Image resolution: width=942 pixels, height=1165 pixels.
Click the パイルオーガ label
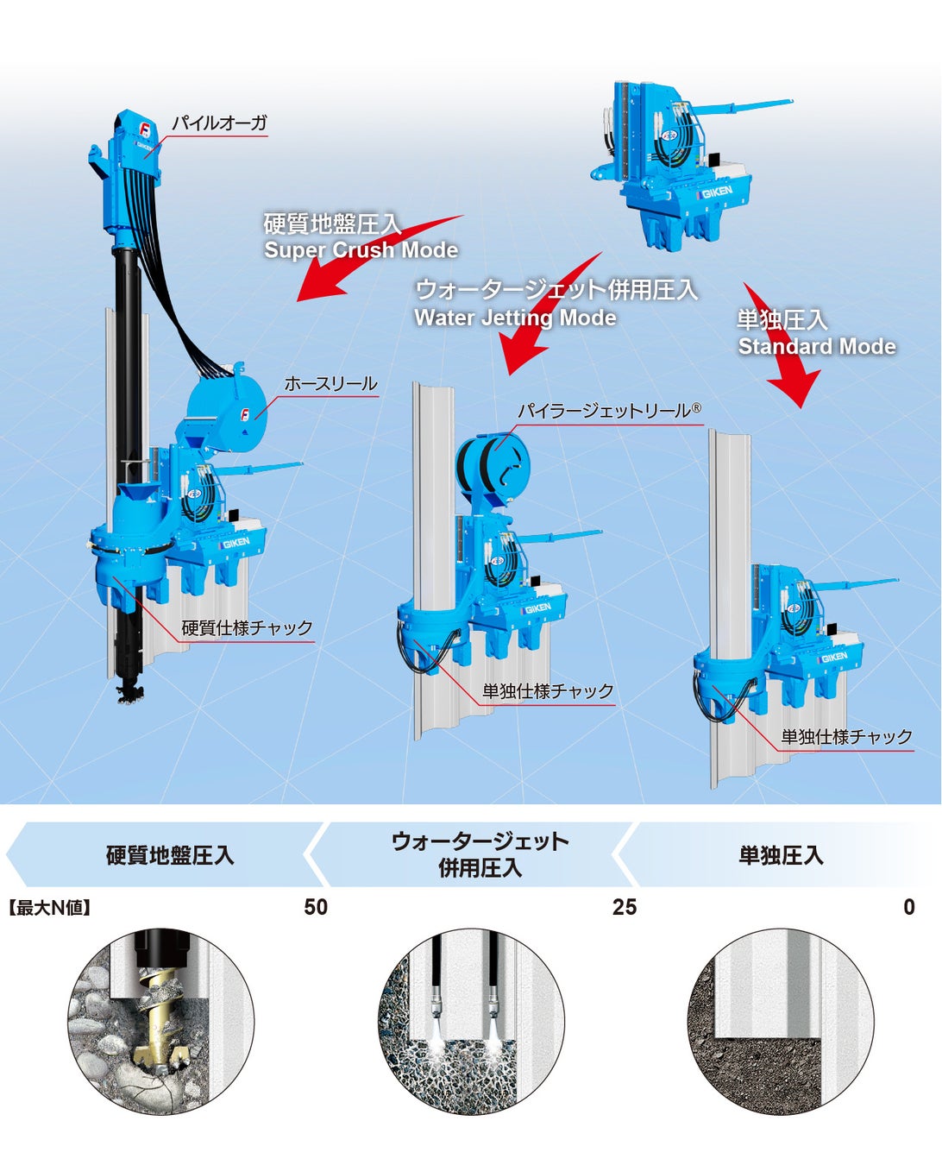219,123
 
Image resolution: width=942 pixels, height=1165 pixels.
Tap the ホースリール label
330,383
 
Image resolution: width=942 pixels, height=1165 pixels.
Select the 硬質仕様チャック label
247,627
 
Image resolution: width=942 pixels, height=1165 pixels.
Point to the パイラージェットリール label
609,411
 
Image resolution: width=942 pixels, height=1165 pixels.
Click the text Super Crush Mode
361,250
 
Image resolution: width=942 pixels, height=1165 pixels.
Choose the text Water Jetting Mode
515,318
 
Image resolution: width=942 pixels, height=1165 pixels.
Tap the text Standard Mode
816,347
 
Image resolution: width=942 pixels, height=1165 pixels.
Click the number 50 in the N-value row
316,907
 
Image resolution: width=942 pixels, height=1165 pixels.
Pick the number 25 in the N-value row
625,907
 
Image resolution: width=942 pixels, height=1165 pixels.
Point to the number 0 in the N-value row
908,907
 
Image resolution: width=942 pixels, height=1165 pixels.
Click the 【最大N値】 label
49,908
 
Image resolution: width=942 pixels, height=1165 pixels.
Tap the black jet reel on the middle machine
493,465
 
